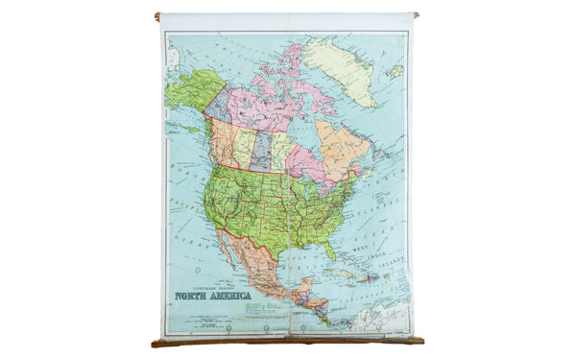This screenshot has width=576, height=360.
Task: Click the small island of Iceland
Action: click(x=396, y=70)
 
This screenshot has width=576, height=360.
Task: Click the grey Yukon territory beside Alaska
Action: click(x=217, y=104)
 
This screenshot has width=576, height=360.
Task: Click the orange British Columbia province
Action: click(x=223, y=140)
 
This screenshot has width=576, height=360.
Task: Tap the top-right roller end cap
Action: click(x=416, y=14)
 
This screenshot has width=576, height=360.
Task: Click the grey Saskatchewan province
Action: click(x=261, y=151)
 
